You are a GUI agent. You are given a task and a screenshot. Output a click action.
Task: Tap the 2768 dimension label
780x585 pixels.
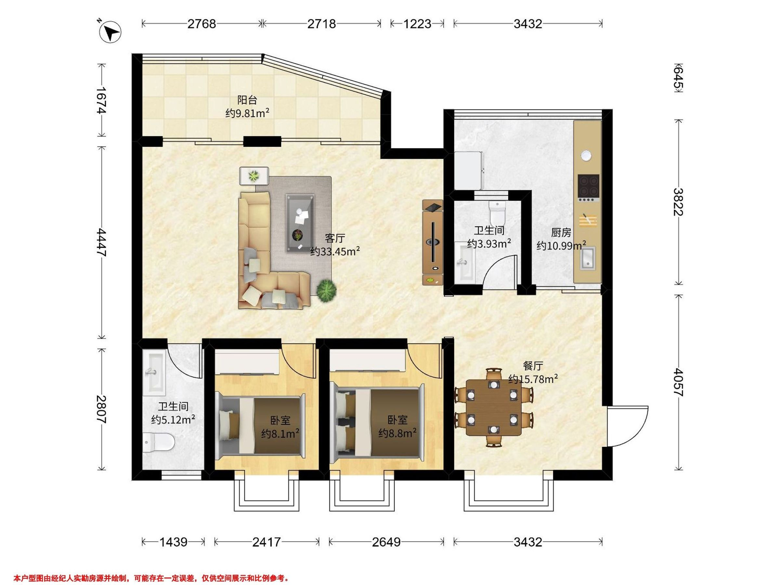(201, 24)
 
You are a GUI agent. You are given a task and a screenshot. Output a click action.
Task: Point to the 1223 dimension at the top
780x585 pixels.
(417, 24)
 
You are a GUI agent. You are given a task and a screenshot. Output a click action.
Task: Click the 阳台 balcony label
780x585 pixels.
(247, 100)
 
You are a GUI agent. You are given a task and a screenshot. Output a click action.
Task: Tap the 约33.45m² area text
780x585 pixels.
(335, 252)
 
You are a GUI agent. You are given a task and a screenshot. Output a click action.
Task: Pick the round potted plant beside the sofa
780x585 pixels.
(326, 291)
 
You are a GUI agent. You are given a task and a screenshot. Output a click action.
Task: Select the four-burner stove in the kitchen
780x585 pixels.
(589, 187)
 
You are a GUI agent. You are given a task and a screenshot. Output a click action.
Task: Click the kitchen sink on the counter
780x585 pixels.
(588, 258)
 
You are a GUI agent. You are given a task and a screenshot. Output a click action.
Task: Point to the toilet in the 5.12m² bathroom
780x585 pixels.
(159, 442)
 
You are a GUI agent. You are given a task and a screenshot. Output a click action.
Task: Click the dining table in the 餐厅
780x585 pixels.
(494, 408)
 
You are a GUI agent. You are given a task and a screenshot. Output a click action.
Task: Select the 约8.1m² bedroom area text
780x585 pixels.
(281, 433)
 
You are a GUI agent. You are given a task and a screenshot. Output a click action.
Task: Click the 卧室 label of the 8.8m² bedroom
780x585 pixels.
(397, 420)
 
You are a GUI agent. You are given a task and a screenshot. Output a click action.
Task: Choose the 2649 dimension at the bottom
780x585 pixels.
(386, 542)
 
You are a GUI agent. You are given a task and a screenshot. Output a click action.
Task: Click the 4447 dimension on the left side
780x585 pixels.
(101, 242)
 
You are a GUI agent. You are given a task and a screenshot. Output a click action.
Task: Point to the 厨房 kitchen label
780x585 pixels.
(561, 232)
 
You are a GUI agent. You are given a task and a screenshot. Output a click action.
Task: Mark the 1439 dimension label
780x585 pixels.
(173, 542)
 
